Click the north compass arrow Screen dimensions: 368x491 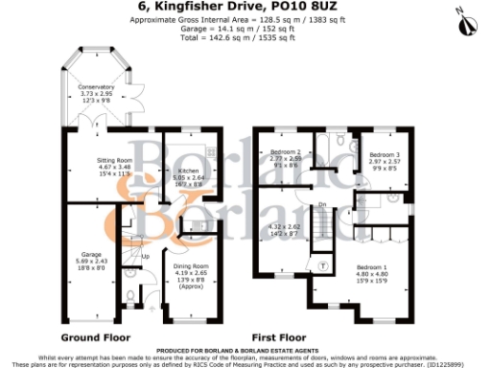467,15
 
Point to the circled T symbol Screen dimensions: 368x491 323,265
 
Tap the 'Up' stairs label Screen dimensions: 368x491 146,256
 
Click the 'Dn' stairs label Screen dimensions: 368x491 322,204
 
